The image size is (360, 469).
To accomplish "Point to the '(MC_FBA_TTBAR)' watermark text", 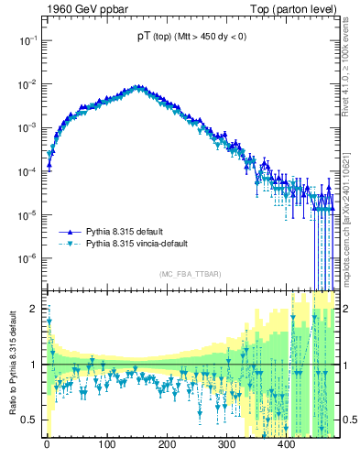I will click(x=190, y=275).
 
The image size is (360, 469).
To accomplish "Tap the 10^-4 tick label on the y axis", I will click(x=27, y=171).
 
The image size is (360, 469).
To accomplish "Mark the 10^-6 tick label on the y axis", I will click(x=27, y=257).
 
